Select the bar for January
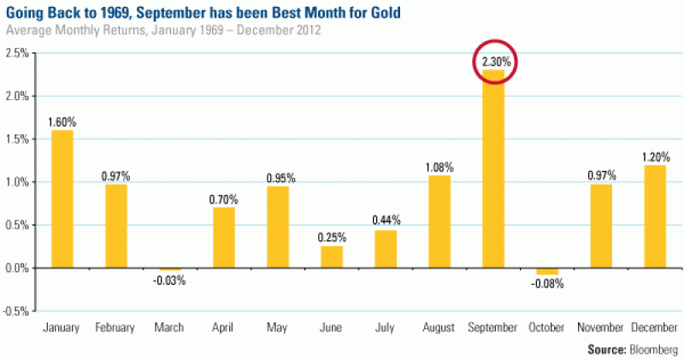[x=62, y=198]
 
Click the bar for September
[x=493, y=168]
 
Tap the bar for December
[x=655, y=216]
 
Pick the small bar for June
[x=332, y=257]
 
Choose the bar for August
[x=439, y=221]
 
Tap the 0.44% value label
[x=386, y=221]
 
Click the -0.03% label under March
[x=169, y=280]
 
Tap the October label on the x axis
[x=547, y=328]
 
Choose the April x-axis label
[x=224, y=328]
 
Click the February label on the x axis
[x=115, y=328]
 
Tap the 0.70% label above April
[x=224, y=198]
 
